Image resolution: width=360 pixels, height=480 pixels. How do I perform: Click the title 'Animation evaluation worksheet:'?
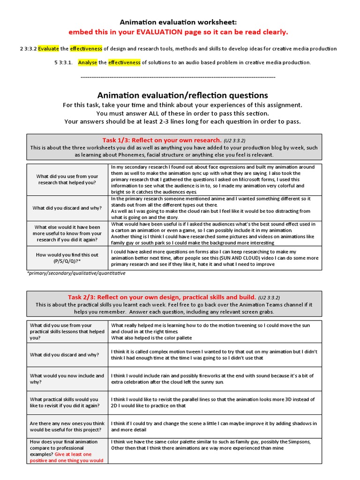pyautogui.click(x=178, y=22)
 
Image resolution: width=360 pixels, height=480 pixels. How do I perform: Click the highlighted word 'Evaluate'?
pyautogui.click(x=49, y=49)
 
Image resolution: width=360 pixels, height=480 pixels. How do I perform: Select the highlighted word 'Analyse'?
pyautogui.click(x=88, y=62)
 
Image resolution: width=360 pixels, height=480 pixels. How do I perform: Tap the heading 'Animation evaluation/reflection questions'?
pyautogui.click(x=182, y=95)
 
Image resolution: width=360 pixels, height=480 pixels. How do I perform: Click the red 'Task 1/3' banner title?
pyautogui.click(x=162, y=140)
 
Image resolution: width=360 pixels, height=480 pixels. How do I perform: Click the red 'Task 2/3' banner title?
pyautogui.click(x=162, y=297)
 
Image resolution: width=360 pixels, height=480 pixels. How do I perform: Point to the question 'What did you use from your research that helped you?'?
pyautogui.click(x=67, y=179)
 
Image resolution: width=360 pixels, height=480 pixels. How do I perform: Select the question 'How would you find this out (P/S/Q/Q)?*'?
pyautogui.click(x=67, y=257)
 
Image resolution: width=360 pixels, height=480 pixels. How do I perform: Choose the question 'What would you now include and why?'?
pyautogui.click(x=67, y=379)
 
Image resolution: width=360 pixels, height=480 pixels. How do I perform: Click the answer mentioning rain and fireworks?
pyautogui.click(x=212, y=379)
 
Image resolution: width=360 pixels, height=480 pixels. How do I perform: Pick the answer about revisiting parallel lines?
pyautogui.click(x=213, y=402)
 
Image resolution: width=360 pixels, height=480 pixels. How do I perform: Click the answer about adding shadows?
pyautogui.click(x=214, y=426)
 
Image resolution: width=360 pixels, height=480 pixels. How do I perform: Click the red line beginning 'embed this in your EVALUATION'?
pyautogui.click(x=178, y=32)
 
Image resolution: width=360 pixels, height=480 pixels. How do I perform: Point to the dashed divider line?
pyautogui.click(x=178, y=77)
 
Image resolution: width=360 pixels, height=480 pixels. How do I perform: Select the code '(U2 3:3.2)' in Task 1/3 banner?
pyautogui.click(x=234, y=140)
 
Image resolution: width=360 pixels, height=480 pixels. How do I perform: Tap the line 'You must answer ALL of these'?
pyautogui.click(x=182, y=113)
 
